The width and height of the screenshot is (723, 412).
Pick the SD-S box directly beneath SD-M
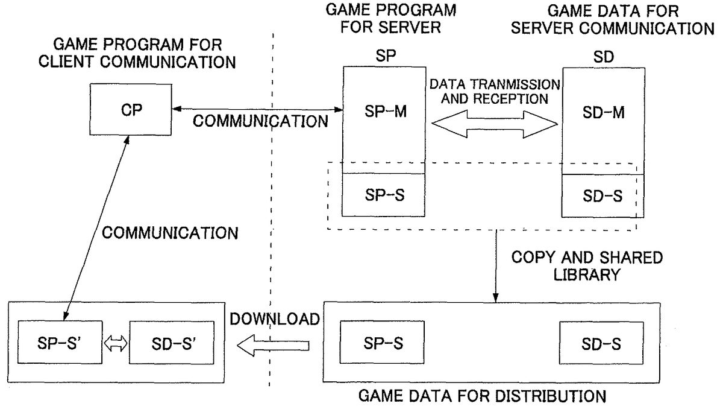602,196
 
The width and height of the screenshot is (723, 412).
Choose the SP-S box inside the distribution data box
382,343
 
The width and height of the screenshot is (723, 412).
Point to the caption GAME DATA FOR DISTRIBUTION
482,396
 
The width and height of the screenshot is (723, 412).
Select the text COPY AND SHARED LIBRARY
586,265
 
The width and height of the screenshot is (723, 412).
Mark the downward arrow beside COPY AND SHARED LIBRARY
495,265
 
